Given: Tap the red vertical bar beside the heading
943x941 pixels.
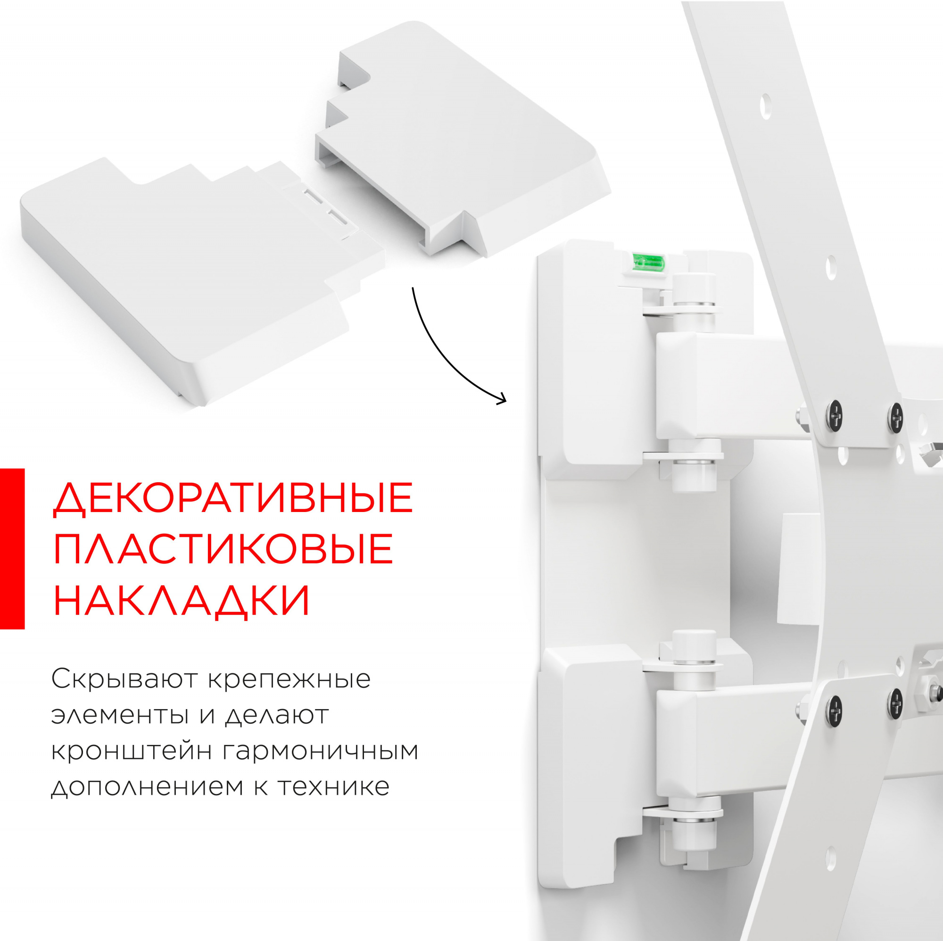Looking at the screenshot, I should pyautogui.click(x=12, y=549).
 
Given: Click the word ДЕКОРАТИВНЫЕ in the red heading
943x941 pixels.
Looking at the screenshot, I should pyautogui.click(x=233, y=498).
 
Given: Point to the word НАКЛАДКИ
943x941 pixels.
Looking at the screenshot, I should pyautogui.click(x=181, y=600).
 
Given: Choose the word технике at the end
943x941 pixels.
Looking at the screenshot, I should pyautogui.click(x=334, y=787).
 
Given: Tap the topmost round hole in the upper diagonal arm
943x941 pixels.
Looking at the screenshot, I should pyautogui.click(x=765, y=106).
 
